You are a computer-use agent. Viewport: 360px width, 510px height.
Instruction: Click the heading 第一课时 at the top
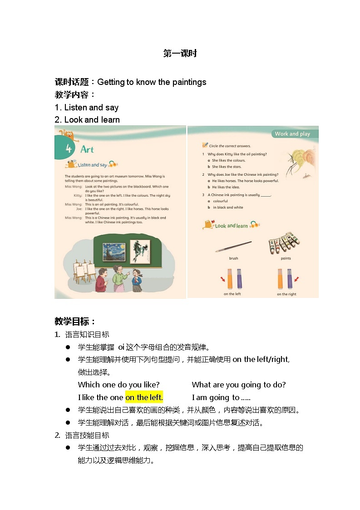coord(180,54)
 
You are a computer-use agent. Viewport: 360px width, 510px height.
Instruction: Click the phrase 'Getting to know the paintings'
coord(152,82)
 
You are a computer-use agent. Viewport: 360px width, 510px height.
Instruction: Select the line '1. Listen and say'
coord(87,108)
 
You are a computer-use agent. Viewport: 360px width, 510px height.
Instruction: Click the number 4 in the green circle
coord(69,149)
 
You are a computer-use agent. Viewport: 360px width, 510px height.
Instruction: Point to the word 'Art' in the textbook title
coord(87,149)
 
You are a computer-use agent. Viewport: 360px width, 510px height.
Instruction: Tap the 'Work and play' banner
coord(292,134)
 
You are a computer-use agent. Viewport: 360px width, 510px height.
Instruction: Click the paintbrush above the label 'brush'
coord(233,247)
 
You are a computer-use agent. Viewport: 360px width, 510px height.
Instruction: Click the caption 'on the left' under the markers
coord(232,294)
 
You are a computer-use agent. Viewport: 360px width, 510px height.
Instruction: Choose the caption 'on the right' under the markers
coord(286,294)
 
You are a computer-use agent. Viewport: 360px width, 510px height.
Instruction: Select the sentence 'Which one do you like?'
coord(118,385)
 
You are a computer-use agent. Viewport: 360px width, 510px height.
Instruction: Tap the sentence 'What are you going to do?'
coord(239,385)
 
